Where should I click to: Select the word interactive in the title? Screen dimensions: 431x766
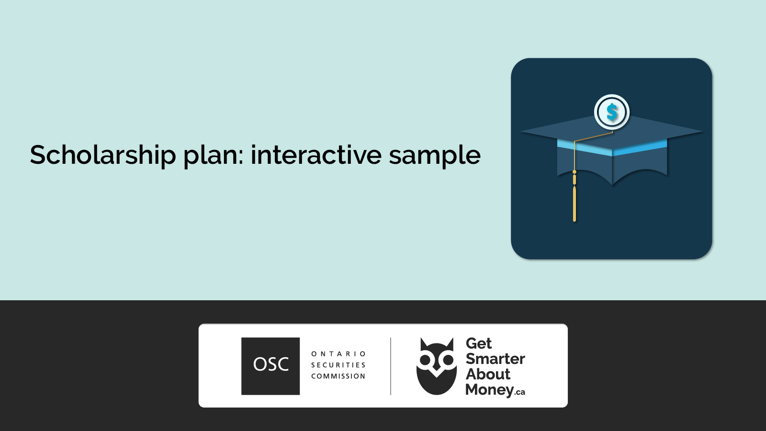coord(316,155)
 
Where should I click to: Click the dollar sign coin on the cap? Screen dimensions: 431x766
coord(612,112)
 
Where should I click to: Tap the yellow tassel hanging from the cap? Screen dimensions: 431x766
coord(574,204)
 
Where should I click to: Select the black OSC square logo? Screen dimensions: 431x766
coord(270,366)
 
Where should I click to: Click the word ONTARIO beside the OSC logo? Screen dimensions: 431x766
coord(338,354)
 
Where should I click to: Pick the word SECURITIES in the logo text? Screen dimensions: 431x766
coord(338,365)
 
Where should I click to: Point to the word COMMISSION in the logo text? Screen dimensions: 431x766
coord(338,376)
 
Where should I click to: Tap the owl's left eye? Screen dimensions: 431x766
coord(425,360)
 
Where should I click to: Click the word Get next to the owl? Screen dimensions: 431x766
coord(479,343)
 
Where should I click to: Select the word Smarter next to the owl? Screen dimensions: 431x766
coord(495,359)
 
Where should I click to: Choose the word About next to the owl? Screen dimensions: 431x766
coord(488,374)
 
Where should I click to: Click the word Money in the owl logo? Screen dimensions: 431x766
coord(489,390)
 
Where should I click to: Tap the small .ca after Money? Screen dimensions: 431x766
coord(520,392)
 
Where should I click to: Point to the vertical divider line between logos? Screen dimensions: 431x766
coord(391,366)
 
